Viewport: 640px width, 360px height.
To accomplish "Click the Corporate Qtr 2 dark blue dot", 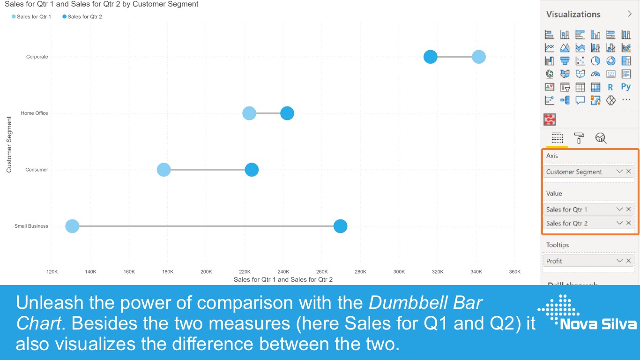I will (x=430, y=57).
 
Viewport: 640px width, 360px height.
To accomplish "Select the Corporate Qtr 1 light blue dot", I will (x=478, y=57).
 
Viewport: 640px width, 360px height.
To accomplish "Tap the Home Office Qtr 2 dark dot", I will (x=287, y=113).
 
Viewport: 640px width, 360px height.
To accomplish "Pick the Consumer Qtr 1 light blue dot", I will (x=164, y=170).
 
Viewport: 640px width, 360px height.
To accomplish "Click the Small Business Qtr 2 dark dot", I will (x=340, y=226).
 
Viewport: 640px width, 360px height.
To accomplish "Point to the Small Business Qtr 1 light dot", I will (x=72, y=226).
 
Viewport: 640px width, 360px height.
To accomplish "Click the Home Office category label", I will (x=34, y=113).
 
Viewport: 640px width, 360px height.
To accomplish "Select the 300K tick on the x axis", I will (x=399, y=272).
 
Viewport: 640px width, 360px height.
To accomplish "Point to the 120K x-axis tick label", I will (x=52, y=272).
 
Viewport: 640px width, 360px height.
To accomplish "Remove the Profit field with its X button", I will (x=629, y=261).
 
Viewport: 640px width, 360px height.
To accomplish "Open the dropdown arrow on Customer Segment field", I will (x=619, y=172).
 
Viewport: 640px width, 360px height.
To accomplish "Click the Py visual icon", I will (x=626, y=87).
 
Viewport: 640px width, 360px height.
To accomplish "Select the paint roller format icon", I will (x=579, y=138).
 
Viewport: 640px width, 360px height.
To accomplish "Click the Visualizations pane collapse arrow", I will (x=630, y=14).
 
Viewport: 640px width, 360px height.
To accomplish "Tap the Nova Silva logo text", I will (x=598, y=324).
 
